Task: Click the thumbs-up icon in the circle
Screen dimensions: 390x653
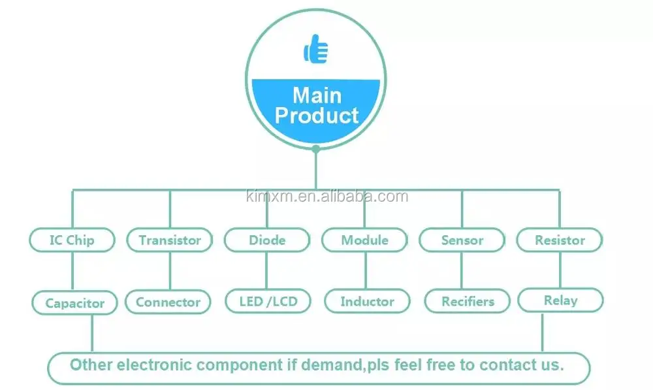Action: point(316,50)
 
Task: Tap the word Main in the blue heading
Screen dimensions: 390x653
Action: point(317,95)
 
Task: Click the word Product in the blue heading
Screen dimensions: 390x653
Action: point(317,116)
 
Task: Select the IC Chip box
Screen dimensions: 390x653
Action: point(72,240)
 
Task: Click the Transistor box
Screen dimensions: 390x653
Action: point(170,240)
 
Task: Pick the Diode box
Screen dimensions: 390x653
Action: point(267,240)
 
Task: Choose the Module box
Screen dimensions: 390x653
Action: point(364,240)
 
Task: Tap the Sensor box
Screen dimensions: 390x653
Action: point(462,240)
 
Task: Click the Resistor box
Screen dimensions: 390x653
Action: point(560,240)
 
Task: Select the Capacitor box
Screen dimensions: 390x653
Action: point(75,303)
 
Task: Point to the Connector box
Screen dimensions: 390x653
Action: point(168,302)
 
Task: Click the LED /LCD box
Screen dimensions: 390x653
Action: point(267,302)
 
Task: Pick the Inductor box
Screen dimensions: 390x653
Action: point(367,302)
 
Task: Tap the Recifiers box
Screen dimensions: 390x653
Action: point(468,302)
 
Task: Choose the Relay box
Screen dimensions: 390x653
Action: point(560,301)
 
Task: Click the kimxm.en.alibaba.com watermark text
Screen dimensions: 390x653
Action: point(326,197)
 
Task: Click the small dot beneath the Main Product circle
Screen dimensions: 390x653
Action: point(316,149)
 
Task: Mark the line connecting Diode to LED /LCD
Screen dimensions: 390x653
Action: point(267,270)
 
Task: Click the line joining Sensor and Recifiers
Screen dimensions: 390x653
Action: point(462,270)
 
